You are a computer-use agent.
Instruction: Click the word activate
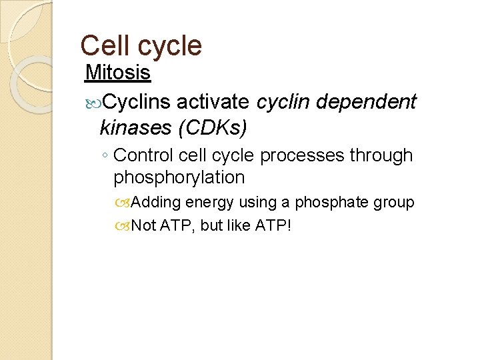tap(215, 101)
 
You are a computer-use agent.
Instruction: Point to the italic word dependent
tap(369, 101)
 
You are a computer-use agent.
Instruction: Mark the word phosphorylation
tap(179, 178)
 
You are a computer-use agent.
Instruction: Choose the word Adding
tap(157, 203)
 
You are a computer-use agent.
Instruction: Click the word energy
tap(209, 203)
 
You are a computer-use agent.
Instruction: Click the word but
tap(212, 225)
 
